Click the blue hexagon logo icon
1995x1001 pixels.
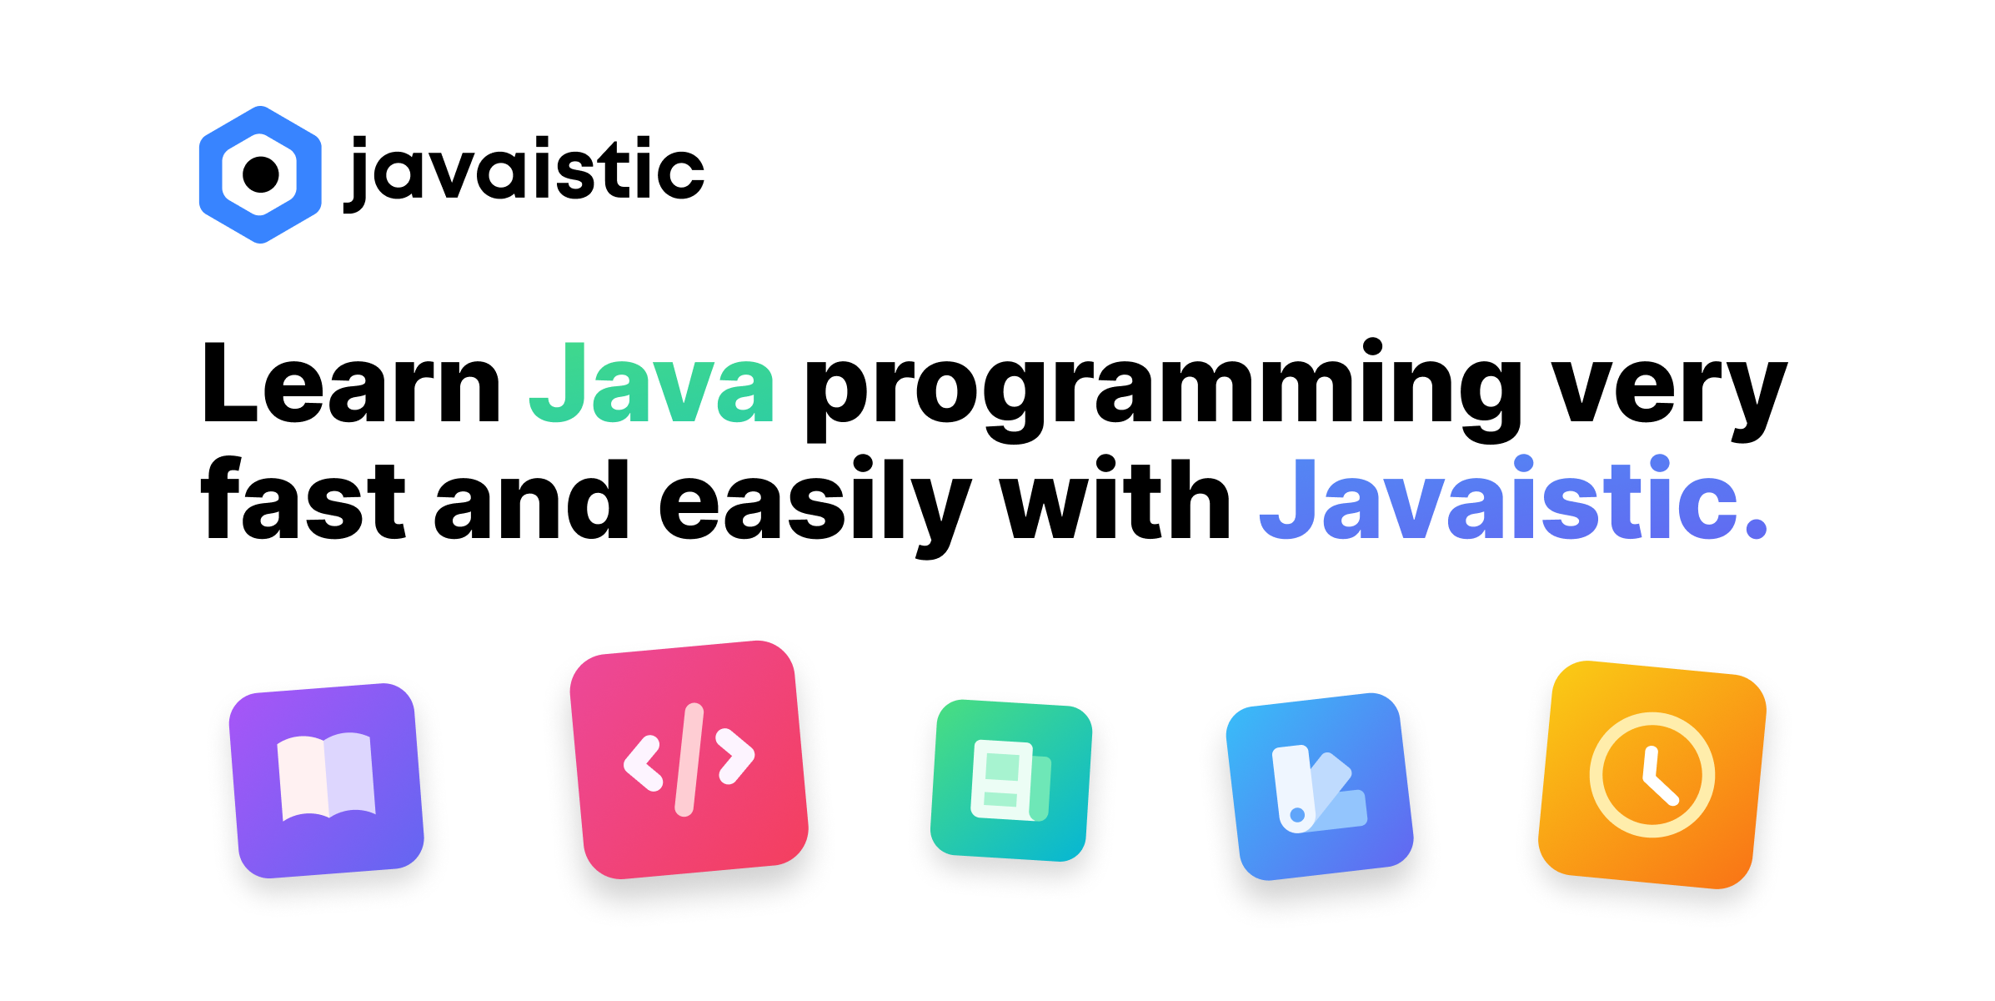pyautogui.click(x=260, y=174)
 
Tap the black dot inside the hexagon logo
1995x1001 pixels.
pyautogui.click(x=261, y=174)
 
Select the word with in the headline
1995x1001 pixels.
pyautogui.click(x=1115, y=497)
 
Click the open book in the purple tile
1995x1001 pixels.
pyautogui.click(x=326, y=777)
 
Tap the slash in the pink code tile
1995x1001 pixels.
pyautogui.click(x=689, y=760)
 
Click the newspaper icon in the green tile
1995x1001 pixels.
pyautogui.click(x=1011, y=781)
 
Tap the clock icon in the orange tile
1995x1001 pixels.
pyautogui.click(x=1652, y=775)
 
